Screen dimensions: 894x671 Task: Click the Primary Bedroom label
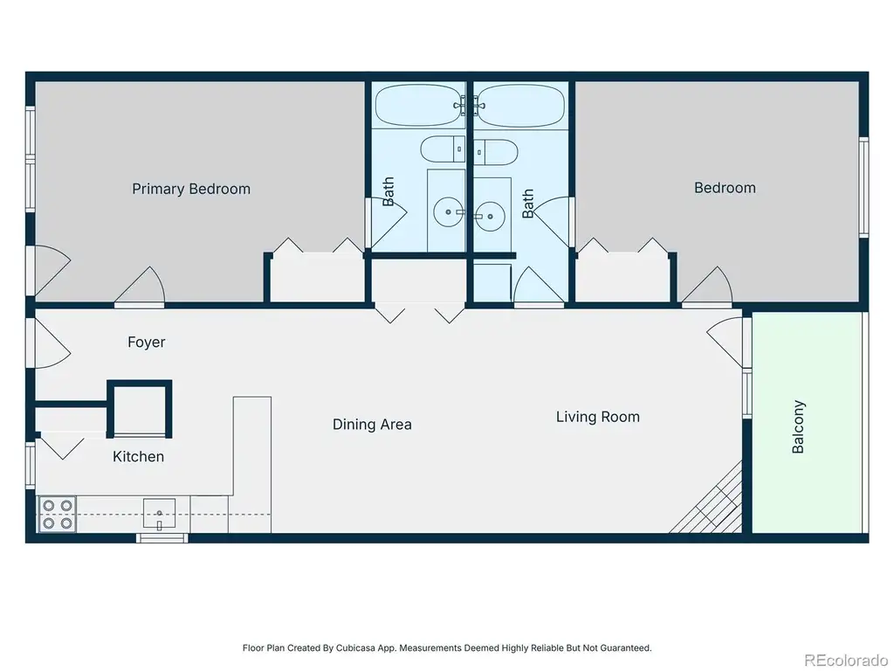[x=191, y=189]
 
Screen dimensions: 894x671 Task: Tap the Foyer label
[x=147, y=342]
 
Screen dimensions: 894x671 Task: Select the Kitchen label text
[x=139, y=456]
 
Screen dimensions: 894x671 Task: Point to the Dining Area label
[x=372, y=425]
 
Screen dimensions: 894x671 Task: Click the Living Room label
[x=598, y=417]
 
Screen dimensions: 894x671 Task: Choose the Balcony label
[x=798, y=426]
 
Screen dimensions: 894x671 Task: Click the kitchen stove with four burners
[x=57, y=514]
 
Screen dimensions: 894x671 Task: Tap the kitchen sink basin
[x=159, y=514]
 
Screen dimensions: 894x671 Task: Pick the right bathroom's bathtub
[x=520, y=106]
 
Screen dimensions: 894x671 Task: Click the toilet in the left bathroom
[x=443, y=149]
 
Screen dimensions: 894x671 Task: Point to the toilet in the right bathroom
[x=496, y=152]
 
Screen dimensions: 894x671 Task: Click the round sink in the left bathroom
[x=448, y=211]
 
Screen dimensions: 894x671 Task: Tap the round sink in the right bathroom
[x=491, y=217]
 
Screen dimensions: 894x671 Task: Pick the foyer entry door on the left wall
[x=50, y=342]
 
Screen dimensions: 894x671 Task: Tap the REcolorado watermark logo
[x=846, y=661]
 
